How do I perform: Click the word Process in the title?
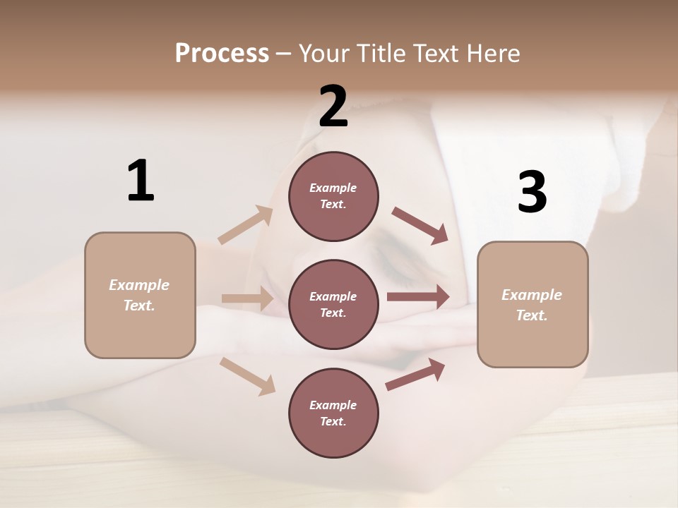click(x=222, y=53)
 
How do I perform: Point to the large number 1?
click(x=140, y=181)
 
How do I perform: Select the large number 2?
click(x=333, y=106)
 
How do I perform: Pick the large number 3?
click(x=532, y=193)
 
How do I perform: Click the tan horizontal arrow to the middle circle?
click(x=247, y=298)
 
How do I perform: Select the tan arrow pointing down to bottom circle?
click(x=247, y=375)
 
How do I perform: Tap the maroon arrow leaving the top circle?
click(x=420, y=225)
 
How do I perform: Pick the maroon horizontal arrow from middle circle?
click(x=418, y=297)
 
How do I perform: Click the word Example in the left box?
click(x=139, y=285)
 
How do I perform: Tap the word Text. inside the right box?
click(x=532, y=315)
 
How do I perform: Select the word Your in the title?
click(x=325, y=53)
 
